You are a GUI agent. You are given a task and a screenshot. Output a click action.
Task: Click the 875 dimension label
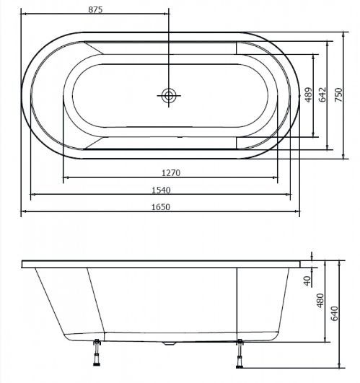coord(95,10)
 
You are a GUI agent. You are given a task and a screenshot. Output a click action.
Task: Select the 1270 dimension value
coord(171,173)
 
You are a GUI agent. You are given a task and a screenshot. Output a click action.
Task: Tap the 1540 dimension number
coord(161,190)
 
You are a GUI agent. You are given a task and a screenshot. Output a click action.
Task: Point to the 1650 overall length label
coord(161,207)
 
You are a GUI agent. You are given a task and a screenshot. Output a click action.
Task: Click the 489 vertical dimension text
coord(309,94)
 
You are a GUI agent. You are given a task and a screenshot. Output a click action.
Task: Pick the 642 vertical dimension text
coord(322,94)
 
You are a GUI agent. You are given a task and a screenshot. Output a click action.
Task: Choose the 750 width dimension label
coord(338,94)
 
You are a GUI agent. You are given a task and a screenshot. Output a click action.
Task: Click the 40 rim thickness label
coord(307,281)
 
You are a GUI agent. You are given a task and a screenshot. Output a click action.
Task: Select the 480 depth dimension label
coord(320,301)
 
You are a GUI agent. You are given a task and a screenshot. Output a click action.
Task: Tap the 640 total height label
coord(334,313)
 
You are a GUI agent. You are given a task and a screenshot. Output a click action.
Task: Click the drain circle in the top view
coord(169,95)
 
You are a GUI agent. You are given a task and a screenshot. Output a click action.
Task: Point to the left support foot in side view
coord(97,353)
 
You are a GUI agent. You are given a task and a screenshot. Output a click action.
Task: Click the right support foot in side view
coord(240,353)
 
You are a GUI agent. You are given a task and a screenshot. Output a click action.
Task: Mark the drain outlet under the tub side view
coord(169,343)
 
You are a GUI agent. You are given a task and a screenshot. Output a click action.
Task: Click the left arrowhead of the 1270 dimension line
coord(66,177)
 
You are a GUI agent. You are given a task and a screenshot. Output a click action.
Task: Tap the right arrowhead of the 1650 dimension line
coord(297,211)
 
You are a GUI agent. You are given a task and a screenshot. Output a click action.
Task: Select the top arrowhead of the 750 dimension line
coord(343,35)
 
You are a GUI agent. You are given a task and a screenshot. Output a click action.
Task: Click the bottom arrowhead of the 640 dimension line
coord(339,365)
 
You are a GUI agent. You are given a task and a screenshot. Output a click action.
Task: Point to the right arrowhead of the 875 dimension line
coord(167,14)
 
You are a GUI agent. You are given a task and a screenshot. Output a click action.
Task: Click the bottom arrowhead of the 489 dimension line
coord(314,135)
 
